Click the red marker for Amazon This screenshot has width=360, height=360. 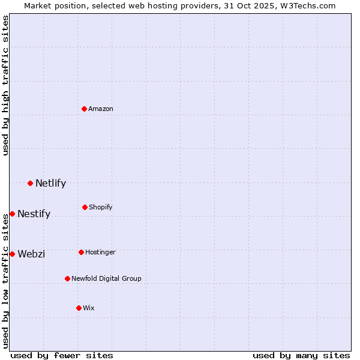tap(85, 109)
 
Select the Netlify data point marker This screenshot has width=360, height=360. tap(30, 183)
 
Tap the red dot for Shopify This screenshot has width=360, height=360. tap(85, 207)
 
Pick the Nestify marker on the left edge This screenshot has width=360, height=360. tap(12, 214)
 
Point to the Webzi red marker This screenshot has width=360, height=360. tap(12, 254)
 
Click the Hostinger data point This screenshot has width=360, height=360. tap(81, 252)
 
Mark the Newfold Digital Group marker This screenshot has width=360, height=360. tap(67, 278)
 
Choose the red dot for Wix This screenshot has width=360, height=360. tap(79, 308)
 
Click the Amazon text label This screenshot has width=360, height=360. tap(101, 109)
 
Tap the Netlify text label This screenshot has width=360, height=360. tap(50, 183)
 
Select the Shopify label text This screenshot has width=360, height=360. tap(101, 207)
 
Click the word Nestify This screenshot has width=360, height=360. tap(34, 214)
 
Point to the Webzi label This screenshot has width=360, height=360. tap(31, 254)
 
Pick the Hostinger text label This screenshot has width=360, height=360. tap(100, 252)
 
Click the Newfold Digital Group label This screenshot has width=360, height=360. tap(106, 278)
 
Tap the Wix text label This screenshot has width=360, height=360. tap(89, 308)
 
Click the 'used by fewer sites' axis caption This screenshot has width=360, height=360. tap(62, 355)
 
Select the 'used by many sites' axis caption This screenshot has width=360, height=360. tap(301, 355)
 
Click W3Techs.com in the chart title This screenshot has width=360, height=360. tap(307, 5)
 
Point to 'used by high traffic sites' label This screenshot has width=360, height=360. tap(5, 85)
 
